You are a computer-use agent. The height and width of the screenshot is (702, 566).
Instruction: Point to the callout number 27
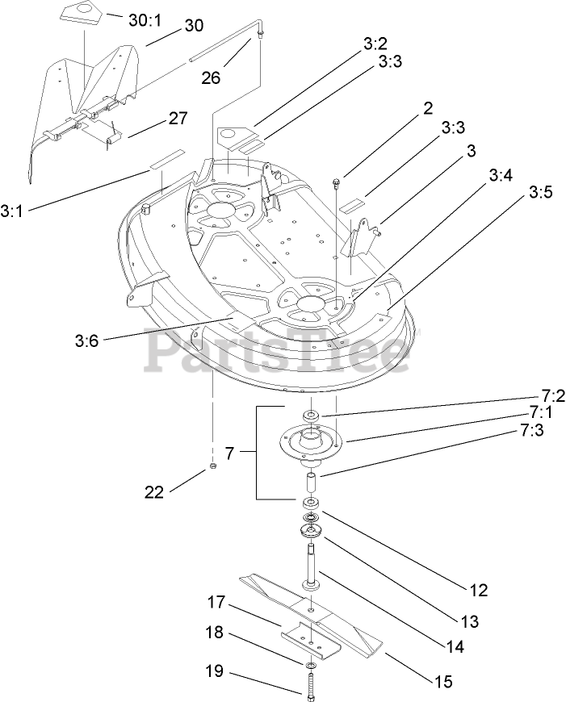178,119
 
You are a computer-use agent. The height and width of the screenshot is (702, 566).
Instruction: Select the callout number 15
442,681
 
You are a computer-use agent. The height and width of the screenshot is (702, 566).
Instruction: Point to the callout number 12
478,591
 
